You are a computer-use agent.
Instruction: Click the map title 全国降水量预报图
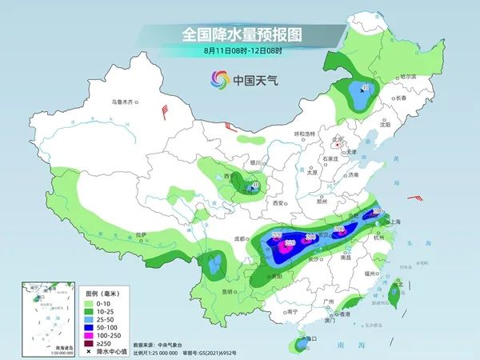(x=240, y=34)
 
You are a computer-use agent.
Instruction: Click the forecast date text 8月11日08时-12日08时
(x=240, y=51)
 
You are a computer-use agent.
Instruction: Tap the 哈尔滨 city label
(x=408, y=75)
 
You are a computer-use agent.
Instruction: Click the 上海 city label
(x=394, y=222)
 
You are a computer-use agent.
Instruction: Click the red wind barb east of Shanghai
(x=416, y=198)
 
